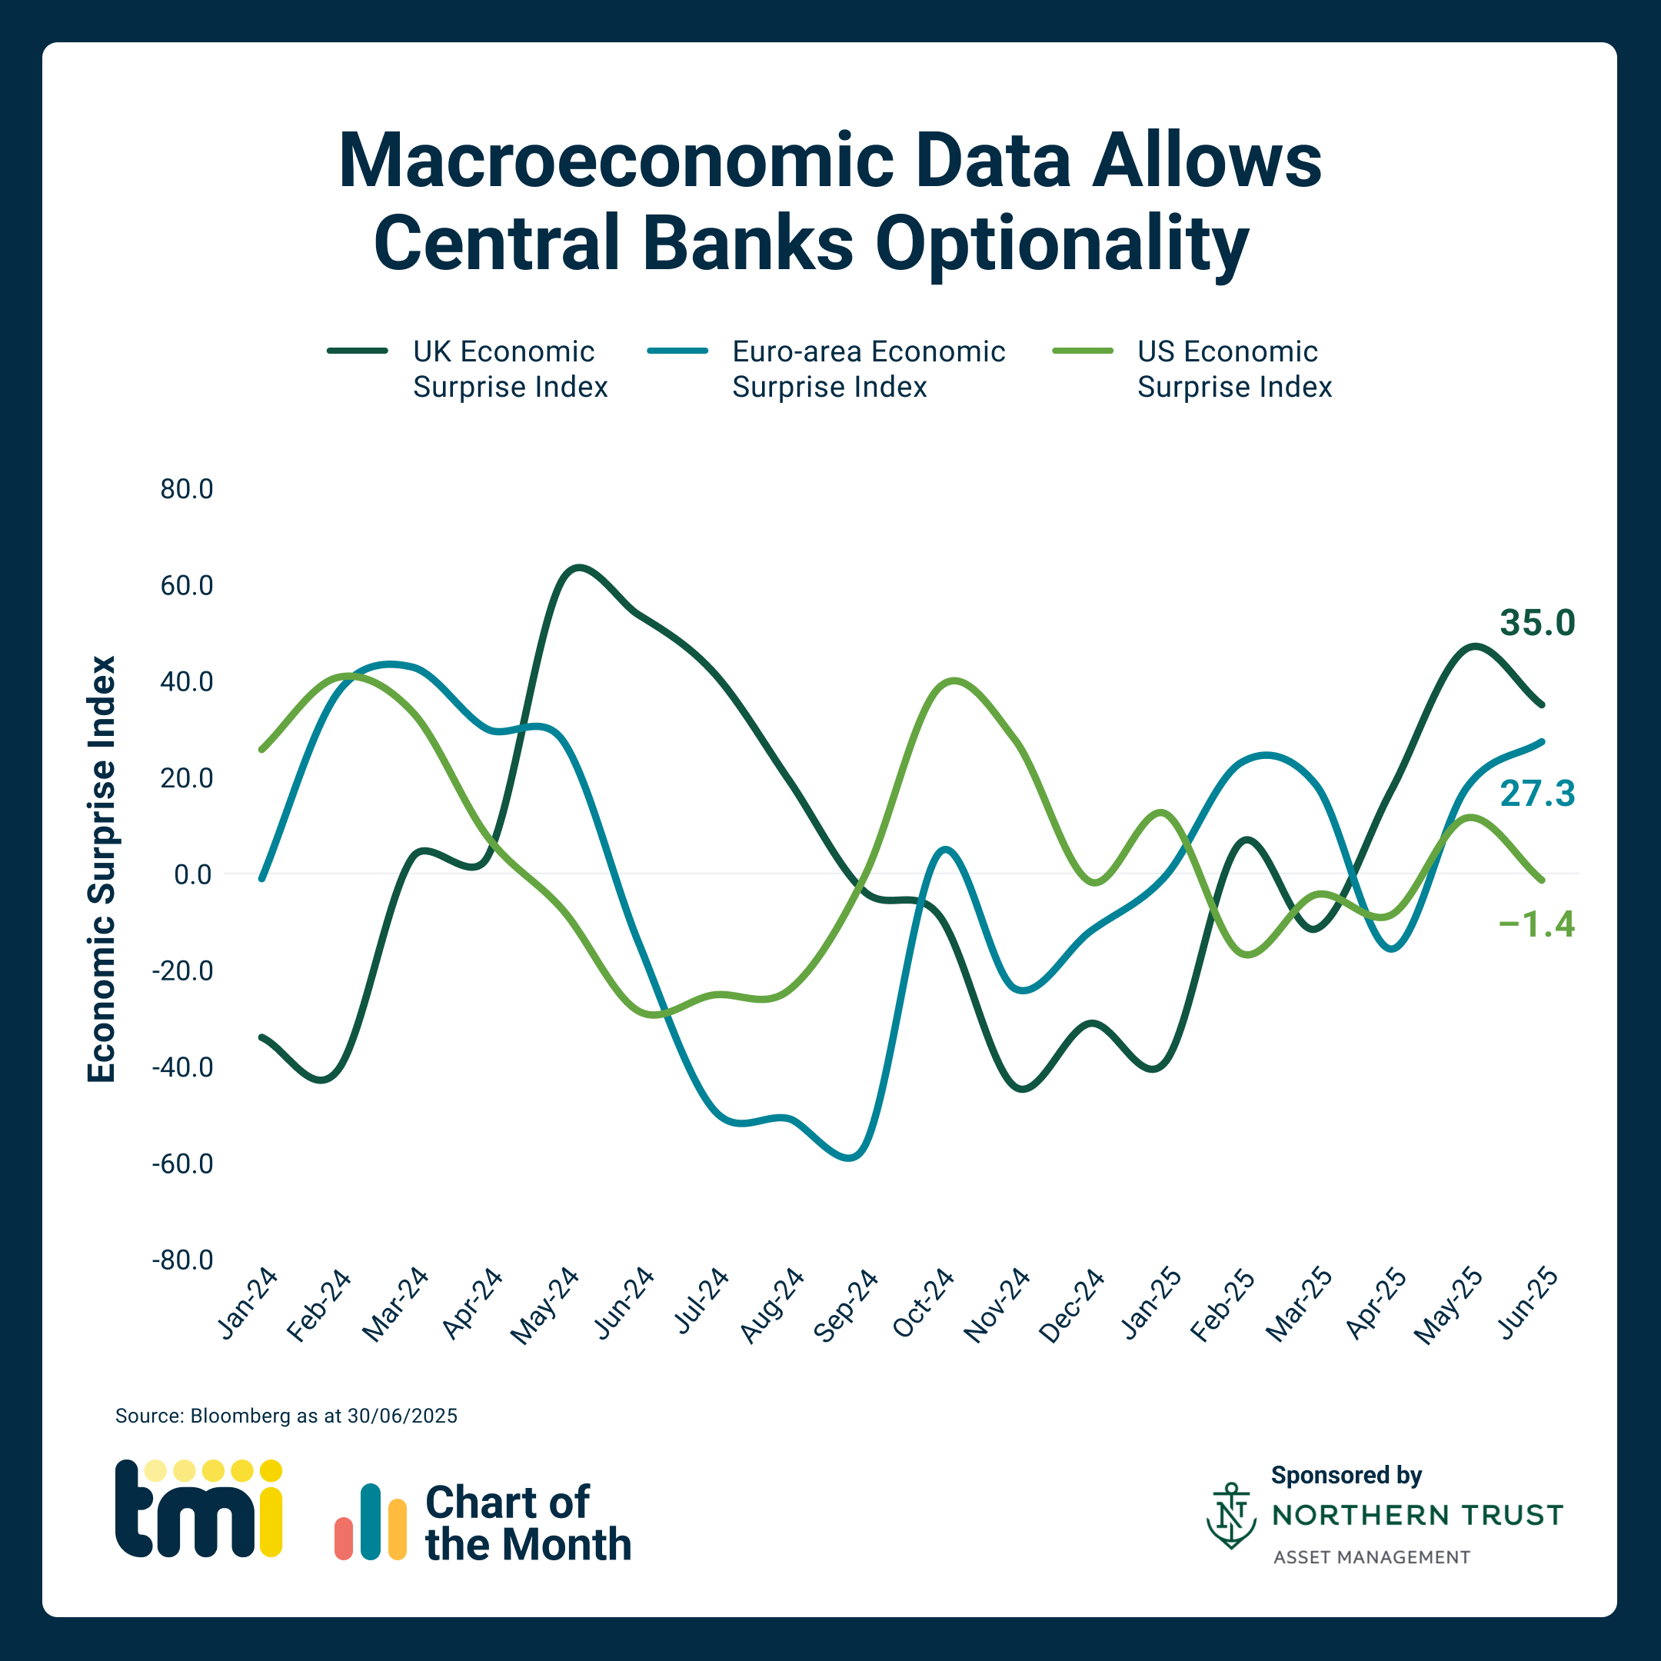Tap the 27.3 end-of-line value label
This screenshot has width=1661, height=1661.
pyautogui.click(x=1537, y=794)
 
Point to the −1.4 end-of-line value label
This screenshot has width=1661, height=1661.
pyautogui.click(x=1536, y=924)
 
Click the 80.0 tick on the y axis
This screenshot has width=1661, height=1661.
pyautogui.click(x=187, y=489)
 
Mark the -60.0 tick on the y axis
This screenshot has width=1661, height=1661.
pyautogui.click(x=182, y=1164)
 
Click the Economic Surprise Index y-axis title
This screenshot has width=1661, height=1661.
pyautogui.click(x=102, y=869)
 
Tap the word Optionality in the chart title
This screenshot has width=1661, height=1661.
pyautogui.click(x=1062, y=243)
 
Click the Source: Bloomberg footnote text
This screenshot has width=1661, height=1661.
pyautogui.click(x=286, y=1416)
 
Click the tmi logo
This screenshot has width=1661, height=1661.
pyautogui.click(x=198, y=1508)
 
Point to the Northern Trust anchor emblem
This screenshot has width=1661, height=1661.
pyautogui.click(x=1231, y=1515)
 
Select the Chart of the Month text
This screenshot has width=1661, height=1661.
pyautogui.click(x=528, y=1523)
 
